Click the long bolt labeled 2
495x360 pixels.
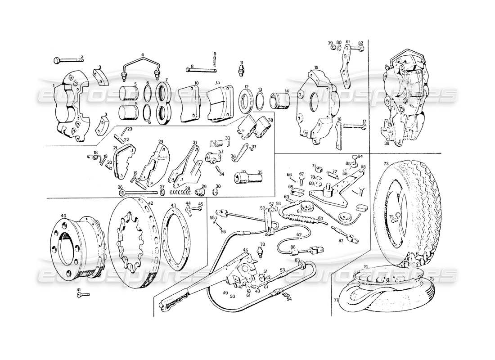click(67, 60)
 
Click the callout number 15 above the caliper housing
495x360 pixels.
click(316, 67)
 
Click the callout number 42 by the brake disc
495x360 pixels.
click(150, 203)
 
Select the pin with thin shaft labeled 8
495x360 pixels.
click(200, 70)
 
